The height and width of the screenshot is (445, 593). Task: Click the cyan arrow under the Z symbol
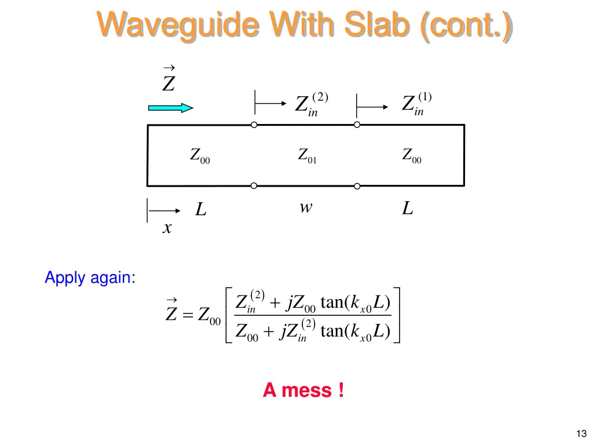click(170, 107)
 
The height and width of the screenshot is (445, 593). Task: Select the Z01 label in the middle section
click(307, 156)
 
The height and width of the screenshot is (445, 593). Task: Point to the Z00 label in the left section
click(200, 156)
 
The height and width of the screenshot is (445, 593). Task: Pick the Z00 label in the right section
click(412, 156)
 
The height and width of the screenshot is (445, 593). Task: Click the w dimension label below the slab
click(306, 207)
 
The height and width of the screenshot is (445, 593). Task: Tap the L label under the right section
click(408, 209)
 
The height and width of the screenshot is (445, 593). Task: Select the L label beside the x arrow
click(200, 209)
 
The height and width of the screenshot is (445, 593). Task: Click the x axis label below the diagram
click(167, 229)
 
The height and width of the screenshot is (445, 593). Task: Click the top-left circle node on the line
click(254, 125)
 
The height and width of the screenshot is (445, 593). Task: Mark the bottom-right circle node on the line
click(357, 186)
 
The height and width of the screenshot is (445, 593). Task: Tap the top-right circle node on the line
click(357, 125)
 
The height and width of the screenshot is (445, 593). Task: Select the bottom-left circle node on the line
click(254, 186)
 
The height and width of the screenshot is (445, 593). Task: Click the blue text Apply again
click(90, 278)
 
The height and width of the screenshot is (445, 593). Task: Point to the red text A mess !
click(303, 391)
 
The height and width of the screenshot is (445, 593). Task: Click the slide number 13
click(581, 433)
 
